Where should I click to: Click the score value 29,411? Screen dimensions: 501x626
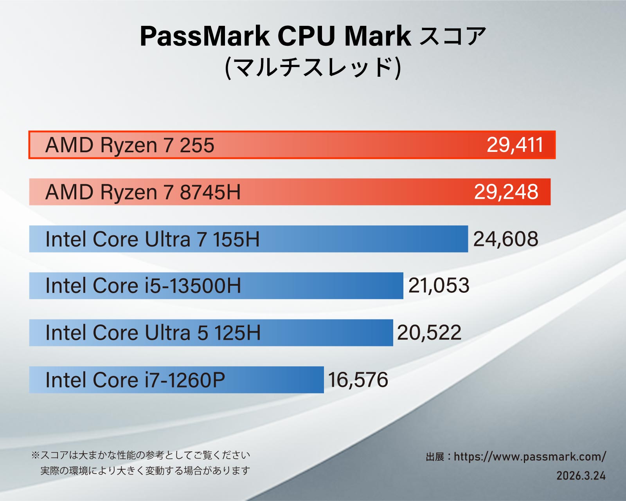515,145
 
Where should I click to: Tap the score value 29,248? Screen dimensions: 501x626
506,192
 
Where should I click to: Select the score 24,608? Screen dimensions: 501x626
505,239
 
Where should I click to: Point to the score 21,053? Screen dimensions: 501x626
439,286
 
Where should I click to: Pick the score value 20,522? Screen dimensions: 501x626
429,333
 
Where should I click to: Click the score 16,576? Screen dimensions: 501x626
358,380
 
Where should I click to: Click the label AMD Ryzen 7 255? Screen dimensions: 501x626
130,145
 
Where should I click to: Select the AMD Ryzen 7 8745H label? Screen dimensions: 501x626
143,192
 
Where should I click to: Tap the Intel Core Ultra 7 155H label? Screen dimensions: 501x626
153,239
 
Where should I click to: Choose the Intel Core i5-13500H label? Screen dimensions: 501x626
143,286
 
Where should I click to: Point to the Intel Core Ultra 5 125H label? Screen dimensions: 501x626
153,333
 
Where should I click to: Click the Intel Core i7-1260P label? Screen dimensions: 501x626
135,380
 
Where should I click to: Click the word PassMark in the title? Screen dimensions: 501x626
205,36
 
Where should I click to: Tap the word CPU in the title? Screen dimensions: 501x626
306,36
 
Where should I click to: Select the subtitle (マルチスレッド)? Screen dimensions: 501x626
313,67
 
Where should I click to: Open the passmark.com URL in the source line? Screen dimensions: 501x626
530,457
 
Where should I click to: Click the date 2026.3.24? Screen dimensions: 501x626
581,476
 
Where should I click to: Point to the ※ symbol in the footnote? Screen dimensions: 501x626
36,455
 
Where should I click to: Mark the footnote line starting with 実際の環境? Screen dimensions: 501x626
145,470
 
